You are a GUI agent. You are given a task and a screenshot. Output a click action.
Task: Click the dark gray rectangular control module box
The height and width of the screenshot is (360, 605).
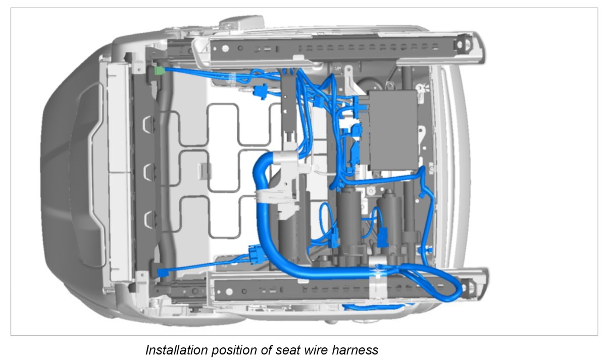point(393,129)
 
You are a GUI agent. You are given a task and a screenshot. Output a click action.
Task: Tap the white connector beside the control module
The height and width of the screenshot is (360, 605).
point(348,124)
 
